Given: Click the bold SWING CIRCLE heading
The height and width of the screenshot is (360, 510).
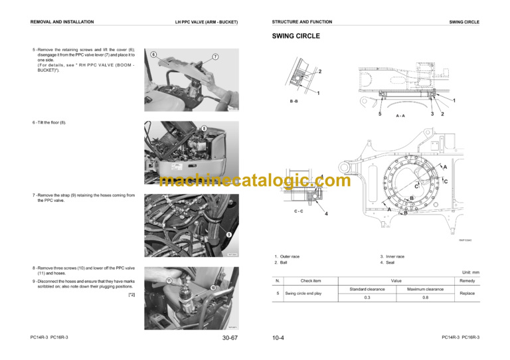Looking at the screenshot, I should tap(296, 36).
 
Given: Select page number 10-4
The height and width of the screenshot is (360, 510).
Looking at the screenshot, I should tap(278, 338).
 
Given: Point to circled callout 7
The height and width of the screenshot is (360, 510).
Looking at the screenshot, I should tap(215, 57).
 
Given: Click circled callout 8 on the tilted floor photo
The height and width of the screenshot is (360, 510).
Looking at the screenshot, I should tap(204, 128).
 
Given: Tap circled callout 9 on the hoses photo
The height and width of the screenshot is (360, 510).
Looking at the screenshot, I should tap(228, 234).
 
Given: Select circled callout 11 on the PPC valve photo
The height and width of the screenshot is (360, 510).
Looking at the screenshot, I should tap(169, 281).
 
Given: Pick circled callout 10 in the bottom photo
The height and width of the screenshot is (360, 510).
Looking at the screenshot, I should tap(212, 288).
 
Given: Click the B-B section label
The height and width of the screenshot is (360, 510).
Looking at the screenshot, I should tap(294, 102).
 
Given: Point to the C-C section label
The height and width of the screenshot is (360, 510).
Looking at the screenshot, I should tap(299, 211).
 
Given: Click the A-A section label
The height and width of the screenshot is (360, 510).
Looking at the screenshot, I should tap(400, 116).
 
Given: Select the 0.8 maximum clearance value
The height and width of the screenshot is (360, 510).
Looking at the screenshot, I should tap(425, 298).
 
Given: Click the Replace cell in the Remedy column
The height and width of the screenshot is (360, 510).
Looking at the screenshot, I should tap(467, 293).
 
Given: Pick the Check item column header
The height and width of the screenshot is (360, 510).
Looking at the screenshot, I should tap(311, 281).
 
